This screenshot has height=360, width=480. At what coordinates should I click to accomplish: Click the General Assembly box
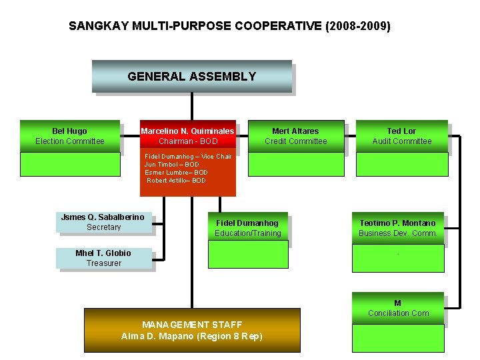click(191, 77)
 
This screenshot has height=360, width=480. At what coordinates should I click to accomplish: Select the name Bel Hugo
click(69, 131)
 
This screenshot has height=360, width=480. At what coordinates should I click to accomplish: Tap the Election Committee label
click(70, 141)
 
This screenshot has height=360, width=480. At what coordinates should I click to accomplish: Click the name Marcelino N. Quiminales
click(188, 131)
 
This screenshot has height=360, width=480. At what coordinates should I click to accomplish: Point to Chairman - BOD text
click(188, 141)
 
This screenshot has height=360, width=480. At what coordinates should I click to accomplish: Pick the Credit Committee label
click(295, 141)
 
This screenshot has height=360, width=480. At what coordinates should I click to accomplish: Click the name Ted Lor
click(401, 131)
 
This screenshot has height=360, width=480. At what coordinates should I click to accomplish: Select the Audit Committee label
click(401, 141)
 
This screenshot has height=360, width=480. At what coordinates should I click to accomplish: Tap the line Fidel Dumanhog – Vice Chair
click(188, 157)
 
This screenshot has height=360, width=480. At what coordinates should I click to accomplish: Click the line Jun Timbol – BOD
click(171, 165)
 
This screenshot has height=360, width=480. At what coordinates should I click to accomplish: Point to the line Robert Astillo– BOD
click(177, 181)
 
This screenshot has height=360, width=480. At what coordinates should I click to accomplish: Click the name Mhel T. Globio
click(103, 253)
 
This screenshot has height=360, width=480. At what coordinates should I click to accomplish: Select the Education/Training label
click(248, 233)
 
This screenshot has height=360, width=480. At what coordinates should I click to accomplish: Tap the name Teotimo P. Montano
click(397, 223)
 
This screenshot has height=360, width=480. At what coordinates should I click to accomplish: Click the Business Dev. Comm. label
click(398, 233)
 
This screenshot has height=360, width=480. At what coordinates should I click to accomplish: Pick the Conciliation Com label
click(398, 313)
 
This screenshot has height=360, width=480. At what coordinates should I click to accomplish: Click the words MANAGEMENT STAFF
click(192, 325)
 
